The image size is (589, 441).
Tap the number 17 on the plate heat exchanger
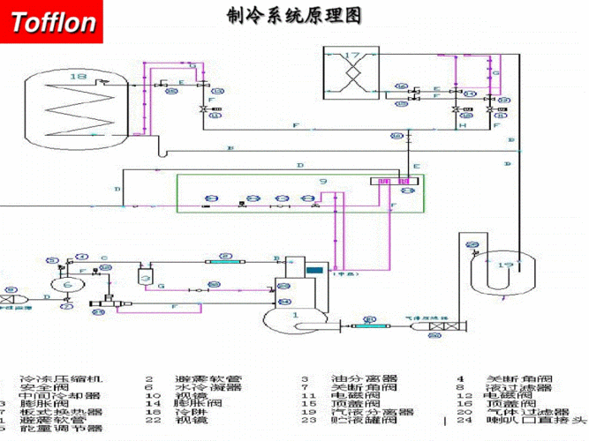pos(352,56)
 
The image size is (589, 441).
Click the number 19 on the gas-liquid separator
pos(505,264)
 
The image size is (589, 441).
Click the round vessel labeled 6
pos(67,285)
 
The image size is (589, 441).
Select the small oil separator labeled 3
pos(147,277)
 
